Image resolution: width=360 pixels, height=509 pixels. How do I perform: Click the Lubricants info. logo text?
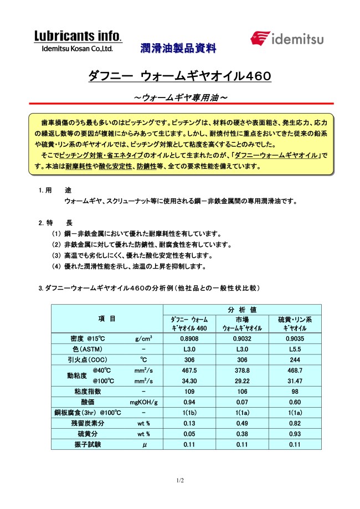click(78, 37)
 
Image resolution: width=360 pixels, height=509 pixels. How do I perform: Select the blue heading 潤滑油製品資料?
click(178, 49)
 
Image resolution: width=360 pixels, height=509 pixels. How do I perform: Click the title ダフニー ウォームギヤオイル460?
click(179, 76)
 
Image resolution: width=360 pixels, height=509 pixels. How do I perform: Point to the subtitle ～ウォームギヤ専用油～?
click(179, 97)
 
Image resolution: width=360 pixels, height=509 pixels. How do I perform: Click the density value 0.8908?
click(190, 338)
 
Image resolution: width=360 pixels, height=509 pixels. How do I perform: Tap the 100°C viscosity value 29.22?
click(242, 381)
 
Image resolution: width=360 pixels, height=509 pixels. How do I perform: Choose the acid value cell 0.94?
click(190, 402)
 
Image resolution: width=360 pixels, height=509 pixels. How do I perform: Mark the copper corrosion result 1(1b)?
click(190, 413)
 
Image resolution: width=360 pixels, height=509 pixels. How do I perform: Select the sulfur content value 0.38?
click(242, 434)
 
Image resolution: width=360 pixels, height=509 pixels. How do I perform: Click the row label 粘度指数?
click(91, 392)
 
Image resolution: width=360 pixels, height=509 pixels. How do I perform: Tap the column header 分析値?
click(242, 309)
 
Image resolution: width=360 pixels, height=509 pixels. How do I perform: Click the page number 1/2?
click(180, 480)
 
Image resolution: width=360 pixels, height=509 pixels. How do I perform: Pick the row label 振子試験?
click(91, 444)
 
